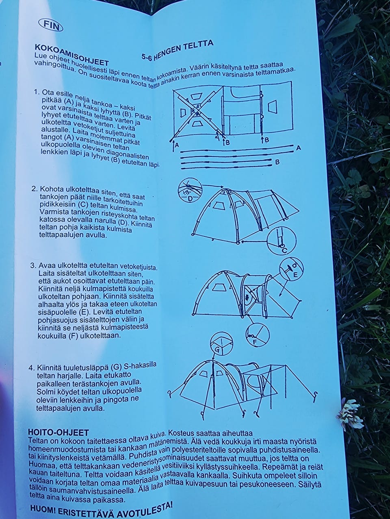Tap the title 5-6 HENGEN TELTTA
click(x=178, y=49)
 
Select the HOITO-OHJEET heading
click(x=58, y=432)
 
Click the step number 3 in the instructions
click(x=33, y=266)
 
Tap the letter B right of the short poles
click(x=277, y=163)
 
